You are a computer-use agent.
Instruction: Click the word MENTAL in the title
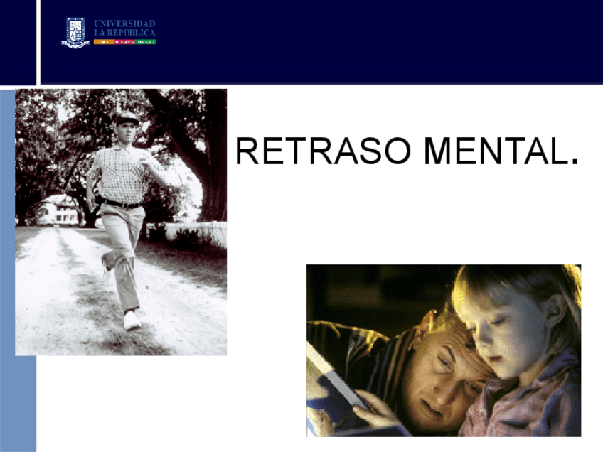pos(494,151)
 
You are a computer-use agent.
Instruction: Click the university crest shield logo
pos(76,32)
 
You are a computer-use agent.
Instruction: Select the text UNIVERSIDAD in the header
pos(125,23)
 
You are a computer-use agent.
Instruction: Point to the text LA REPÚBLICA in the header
pos(125,33)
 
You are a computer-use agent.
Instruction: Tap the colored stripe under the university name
pos(125,42)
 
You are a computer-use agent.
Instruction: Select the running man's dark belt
pos(122,204)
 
